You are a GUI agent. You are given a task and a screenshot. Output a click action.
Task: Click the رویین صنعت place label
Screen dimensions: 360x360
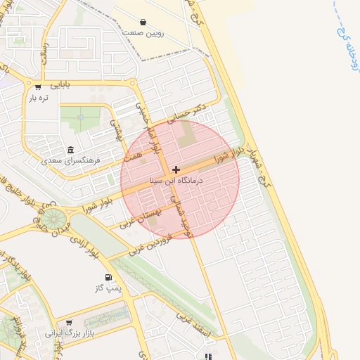[143, 33]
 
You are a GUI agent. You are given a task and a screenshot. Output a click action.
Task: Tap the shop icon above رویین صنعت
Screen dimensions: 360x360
[143, 22]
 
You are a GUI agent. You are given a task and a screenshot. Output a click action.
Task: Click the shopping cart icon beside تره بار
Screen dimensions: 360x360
[37, 87]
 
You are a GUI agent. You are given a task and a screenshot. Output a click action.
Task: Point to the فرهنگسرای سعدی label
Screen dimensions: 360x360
[71, 161]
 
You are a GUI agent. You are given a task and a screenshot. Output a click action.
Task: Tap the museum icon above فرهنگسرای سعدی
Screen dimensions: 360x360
[70, 150]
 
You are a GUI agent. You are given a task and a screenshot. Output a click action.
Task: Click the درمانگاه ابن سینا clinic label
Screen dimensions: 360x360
[176, 181]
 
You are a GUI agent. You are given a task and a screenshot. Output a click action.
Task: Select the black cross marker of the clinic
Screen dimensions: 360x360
[176, 169]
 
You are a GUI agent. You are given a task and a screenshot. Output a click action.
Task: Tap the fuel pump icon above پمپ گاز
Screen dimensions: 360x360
[108, 276]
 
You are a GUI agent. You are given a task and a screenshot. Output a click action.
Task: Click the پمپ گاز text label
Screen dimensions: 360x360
[108, 288]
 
